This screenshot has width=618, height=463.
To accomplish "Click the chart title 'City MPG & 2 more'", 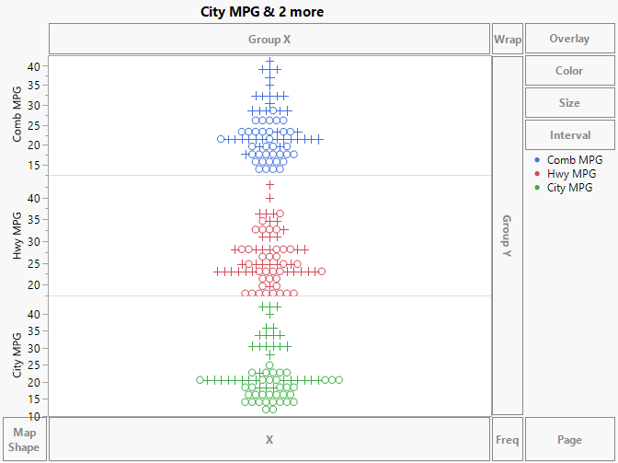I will click(262, 12).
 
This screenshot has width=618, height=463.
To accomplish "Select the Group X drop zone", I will click(269, 40).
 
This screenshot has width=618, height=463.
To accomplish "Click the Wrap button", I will click(507, 40).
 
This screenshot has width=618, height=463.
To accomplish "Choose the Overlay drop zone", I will click(569, 40).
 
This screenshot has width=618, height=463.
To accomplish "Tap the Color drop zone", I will click(569, 71).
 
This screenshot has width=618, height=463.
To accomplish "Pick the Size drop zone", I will click(569, 103).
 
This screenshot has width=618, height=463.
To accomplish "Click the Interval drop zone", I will click(569, 135).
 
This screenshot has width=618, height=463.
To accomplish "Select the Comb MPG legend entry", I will click(574, 160).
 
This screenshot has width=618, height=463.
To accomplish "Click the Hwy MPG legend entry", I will click(571, 174).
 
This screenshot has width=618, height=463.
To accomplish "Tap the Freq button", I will click(507, 440).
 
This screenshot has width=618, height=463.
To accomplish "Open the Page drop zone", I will click(569, 440).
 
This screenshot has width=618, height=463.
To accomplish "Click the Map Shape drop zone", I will click(24, 440).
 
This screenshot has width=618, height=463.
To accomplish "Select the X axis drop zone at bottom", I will click(269, 440).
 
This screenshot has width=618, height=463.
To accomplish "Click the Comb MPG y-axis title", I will click(17, 115).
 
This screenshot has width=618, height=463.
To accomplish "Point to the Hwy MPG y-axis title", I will click(17, 236).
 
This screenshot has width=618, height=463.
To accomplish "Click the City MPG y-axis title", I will click(17, 356).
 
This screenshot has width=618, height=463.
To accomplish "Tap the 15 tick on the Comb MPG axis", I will click(34, 166).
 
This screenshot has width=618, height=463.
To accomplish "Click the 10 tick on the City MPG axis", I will click(34, 415).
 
